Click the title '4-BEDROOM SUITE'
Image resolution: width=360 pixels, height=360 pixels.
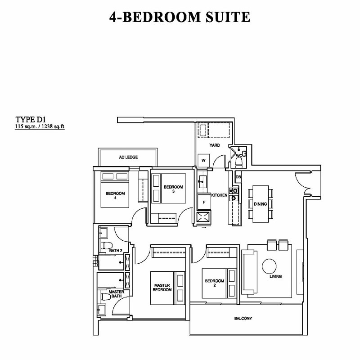point(180,17)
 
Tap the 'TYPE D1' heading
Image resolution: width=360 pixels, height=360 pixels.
point(31,120)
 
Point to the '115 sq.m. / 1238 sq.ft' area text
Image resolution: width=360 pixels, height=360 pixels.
point(40,126)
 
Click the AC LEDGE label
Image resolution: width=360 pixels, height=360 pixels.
point(128,157)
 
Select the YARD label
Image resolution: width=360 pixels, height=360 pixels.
point(215,145)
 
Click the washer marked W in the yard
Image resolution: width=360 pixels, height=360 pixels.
point(204,160)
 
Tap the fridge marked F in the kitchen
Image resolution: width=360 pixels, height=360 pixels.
point(204,202)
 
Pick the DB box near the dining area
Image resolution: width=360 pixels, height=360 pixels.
point(238,177)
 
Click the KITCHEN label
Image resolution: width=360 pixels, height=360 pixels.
point(219,195)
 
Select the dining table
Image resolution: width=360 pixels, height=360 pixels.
point(261,204)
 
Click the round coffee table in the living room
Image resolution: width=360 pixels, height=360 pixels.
point(269,266)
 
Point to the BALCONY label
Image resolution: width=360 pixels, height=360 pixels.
point(243,319)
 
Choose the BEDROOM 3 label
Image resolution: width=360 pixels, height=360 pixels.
point(173,189)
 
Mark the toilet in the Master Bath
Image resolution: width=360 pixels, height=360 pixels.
point(105,297)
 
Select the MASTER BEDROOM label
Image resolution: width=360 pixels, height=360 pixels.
point(162,288)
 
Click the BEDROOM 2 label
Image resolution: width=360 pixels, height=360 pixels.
point(215,283)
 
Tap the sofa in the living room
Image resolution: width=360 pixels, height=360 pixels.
point(250,272)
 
